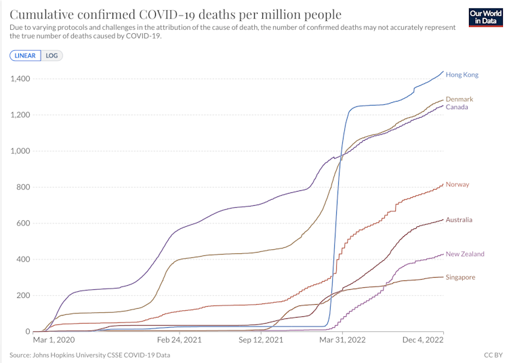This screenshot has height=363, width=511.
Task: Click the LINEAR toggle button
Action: (x=26, y=56)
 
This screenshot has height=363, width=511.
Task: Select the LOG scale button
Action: (x=52, y=56)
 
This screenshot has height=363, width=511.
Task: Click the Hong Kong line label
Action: (x=462, y=75)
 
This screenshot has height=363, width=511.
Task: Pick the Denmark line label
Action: (x=459, y=100)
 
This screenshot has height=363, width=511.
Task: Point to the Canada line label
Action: (x=457, y=108)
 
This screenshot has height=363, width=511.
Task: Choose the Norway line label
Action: (x=457, y=185)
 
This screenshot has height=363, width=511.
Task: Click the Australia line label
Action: (x=459, y=220)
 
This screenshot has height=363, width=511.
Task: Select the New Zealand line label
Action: (x=465, y=254)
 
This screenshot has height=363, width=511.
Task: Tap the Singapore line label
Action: (x=461, y=277)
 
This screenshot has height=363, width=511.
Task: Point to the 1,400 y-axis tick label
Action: (x=20, y=79)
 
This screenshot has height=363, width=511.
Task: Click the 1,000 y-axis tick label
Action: (x=20, y=151)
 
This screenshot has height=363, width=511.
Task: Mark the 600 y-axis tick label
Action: (x=22, y=223)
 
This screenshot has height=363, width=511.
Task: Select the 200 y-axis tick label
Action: (x=22, y=295)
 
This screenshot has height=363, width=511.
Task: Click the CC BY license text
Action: (x=493, y=355)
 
